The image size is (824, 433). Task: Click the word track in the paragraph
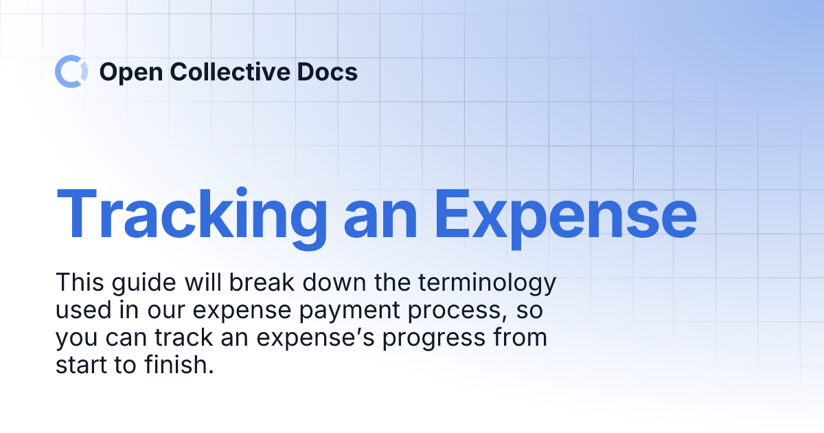190,338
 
